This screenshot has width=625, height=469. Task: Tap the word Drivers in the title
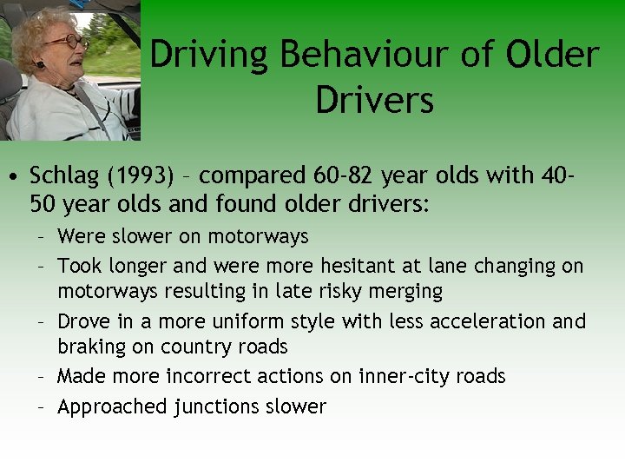point(375,100)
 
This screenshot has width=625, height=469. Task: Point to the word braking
point(89,347)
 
